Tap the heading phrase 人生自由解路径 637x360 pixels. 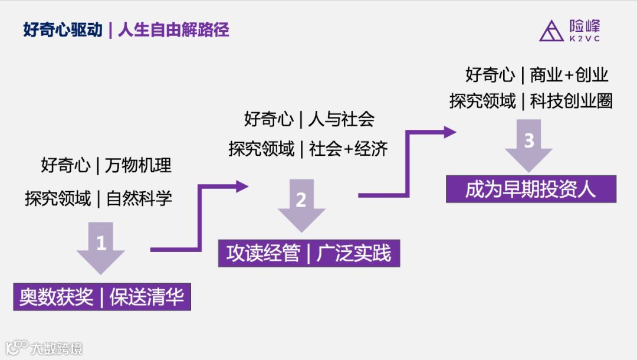(173, 30)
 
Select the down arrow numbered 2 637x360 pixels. (301, 204)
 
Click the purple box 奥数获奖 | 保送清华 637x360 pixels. (102, 297)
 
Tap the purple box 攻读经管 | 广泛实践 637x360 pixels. (309, 253)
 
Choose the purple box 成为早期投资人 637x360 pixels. (531, 189)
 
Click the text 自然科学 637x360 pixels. (139, 199)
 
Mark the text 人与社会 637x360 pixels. (341, 119)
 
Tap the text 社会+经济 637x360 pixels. (348, 149)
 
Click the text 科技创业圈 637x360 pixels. (571, 102)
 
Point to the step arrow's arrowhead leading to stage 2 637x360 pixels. (242, 186)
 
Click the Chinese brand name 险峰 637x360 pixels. (585, 26)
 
